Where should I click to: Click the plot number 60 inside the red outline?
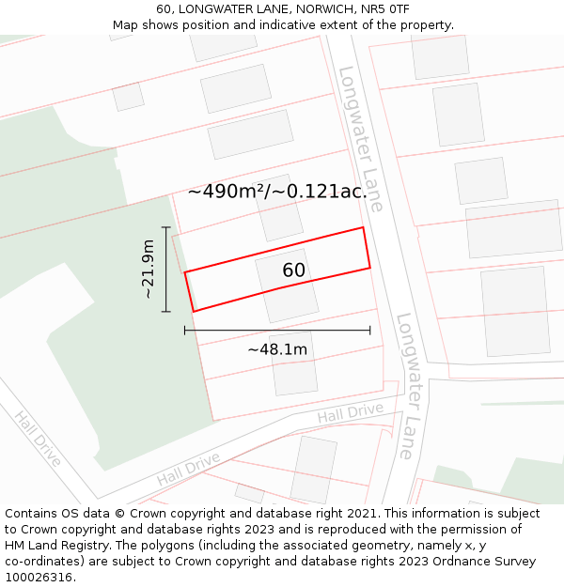[294, 270]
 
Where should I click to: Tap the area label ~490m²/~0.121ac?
[277, 192]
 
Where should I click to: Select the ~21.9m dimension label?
[148, 270]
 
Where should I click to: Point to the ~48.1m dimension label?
[277, 350]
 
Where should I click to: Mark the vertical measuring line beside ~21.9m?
[166, 270]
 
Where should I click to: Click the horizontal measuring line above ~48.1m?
[277, 330]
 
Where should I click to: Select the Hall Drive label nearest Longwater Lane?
[350, 412]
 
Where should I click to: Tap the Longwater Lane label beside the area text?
[361, 138]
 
